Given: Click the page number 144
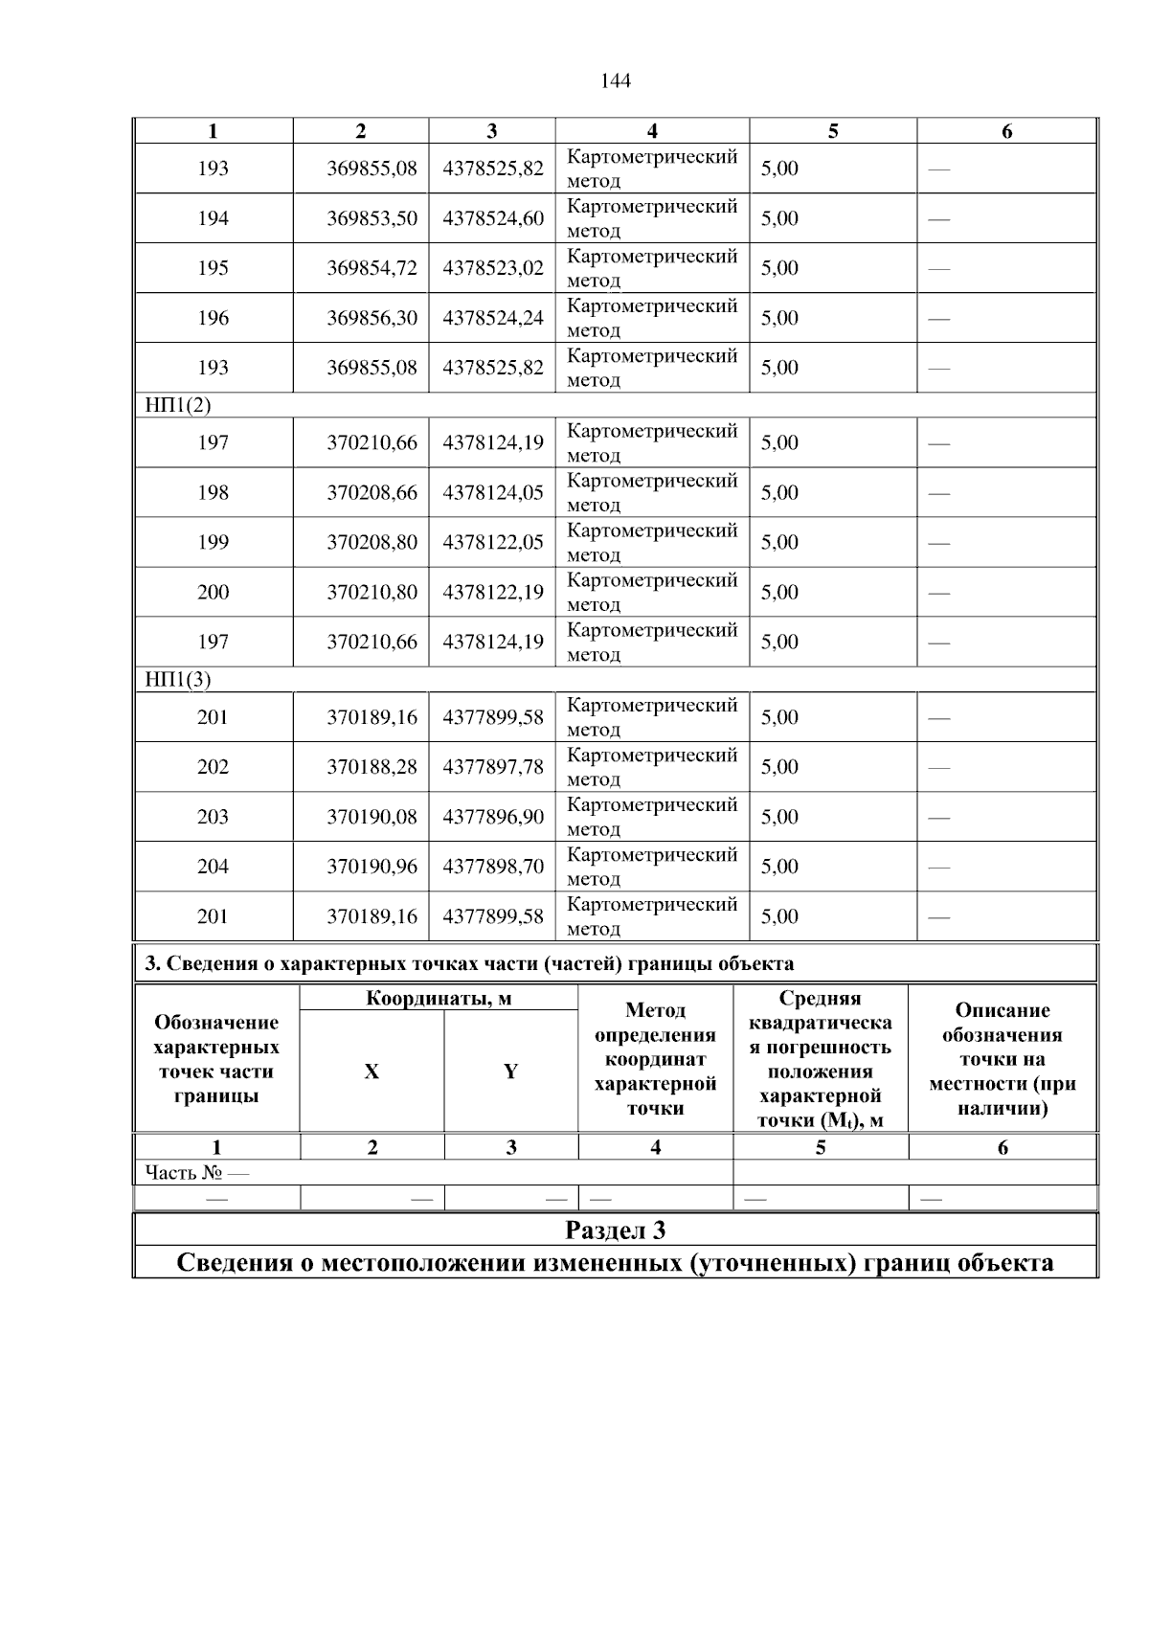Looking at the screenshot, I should pyautogui.click(x=615, y=81).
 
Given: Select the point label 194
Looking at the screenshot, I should pyautogui.click(x=213, y=218).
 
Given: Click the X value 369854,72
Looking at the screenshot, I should pyautogui.click(x=372, y=268).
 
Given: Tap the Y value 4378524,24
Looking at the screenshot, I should pyautogui.click(x=492, y=318).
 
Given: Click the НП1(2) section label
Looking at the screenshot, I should pyautogui.click(x=177, y=405).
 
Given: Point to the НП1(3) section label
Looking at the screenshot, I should pyautogui.click(x=177, y=680).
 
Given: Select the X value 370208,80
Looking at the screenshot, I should pyautogui.click(x=372, y=542).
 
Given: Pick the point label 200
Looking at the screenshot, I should pyautogui.click(x=213, y=592).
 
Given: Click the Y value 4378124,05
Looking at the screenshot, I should pyautogui.click(x=492, y=492).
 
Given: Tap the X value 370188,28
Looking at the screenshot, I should pyautogui.click(x=372, y=767).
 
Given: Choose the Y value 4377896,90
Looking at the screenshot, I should pyautogui.click(x=492, y=817).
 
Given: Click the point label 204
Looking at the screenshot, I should pyautogui.click(x=213, y=867).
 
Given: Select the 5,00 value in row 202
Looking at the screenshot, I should pyautogui.click(x=779, y=767).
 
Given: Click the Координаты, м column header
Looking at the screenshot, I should pyautogui.click(x=439, y=999).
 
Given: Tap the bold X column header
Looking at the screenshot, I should pyautogui.click(x=372, y=1072).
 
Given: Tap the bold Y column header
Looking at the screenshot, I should pyautogui.click(x=510, y=1072).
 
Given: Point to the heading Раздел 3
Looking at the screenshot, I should pyautogui.click(x=615, y=1230).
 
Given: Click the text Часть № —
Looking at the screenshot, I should pyautogui.click(x=196, y=1172).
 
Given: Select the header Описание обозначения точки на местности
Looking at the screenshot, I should pyautogui.click(x=1002, y=1059).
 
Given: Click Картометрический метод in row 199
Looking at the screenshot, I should pyautogui.click(x=651, y=542).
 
